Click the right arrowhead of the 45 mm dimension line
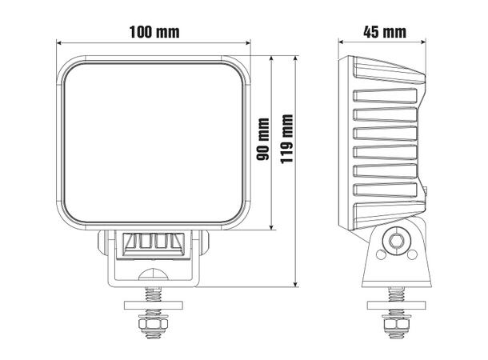pyautogui.click(x=423, y=45)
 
